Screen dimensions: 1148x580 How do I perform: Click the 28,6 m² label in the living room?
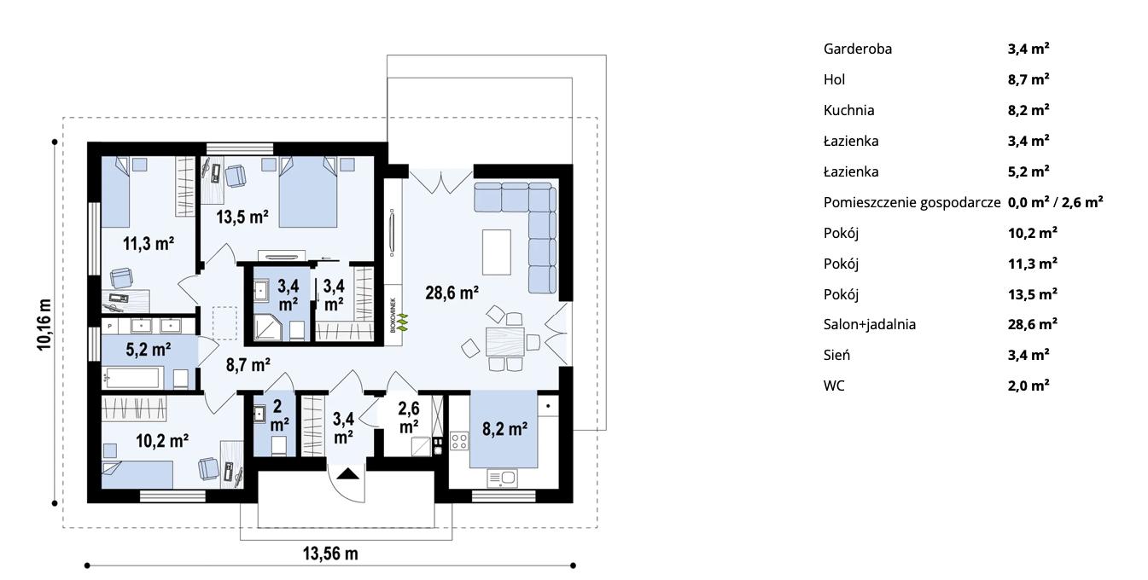point(452,293)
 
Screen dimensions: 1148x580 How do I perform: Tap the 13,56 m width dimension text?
point(330,554)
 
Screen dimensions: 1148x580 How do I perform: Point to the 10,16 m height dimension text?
point(44,325)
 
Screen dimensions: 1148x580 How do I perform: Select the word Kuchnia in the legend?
point(848,110)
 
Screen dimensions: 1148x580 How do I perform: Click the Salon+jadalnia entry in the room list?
point(869,324)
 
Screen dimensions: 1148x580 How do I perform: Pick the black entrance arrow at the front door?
point(347,474)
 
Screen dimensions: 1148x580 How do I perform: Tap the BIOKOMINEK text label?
point(393,315)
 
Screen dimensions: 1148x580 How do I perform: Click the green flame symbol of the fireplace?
point(404,322)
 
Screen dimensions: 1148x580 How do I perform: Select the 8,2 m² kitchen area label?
point(504,429)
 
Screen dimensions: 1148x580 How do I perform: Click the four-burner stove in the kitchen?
point(458,441)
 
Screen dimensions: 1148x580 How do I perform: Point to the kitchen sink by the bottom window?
point(502,478)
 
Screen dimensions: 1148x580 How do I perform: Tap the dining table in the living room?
point(504,342)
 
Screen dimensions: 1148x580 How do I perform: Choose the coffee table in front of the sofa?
point(497,252)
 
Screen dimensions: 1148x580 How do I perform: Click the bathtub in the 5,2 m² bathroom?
point(132,379)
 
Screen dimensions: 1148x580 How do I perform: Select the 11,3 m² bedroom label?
point(149,243)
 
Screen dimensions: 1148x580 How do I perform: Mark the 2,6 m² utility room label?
point(409,417)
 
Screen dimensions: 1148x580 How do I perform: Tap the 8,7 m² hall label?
point(248,365)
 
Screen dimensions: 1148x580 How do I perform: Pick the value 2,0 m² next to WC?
point(1028,386)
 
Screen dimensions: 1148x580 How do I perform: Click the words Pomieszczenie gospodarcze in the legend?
point(912,202)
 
